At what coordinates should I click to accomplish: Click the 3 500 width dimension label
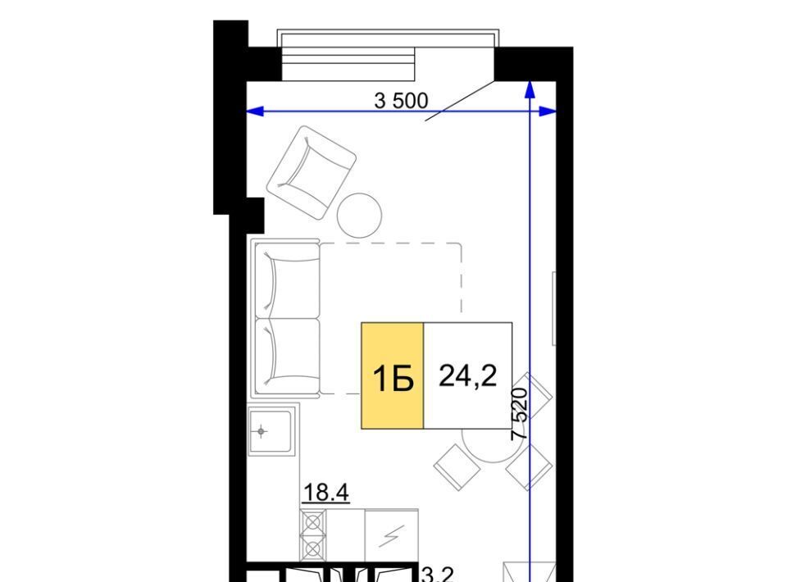point(401,100)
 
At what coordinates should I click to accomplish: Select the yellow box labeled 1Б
point(393,375)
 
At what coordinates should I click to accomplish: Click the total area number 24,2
point(468,375)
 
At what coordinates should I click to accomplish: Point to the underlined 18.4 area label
point(325,492)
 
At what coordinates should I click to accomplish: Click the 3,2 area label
point(438,575)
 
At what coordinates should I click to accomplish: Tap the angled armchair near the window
point(312,172)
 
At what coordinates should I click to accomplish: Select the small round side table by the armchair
point(359,216)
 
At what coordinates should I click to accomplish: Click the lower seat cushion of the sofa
point(286,357)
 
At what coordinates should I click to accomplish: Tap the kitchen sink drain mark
point(261,431)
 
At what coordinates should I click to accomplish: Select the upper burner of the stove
point(312,522)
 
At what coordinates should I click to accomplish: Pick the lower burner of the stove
point(312,548)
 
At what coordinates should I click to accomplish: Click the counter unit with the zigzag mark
point(392,536)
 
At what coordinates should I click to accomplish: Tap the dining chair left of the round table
point(457,466)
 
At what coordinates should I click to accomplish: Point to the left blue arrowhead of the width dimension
point(254,111)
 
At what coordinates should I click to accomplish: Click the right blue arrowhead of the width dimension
point(548,111)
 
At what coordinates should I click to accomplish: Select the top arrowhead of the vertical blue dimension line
point(530,89)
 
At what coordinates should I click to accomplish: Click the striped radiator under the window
point(348,64)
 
